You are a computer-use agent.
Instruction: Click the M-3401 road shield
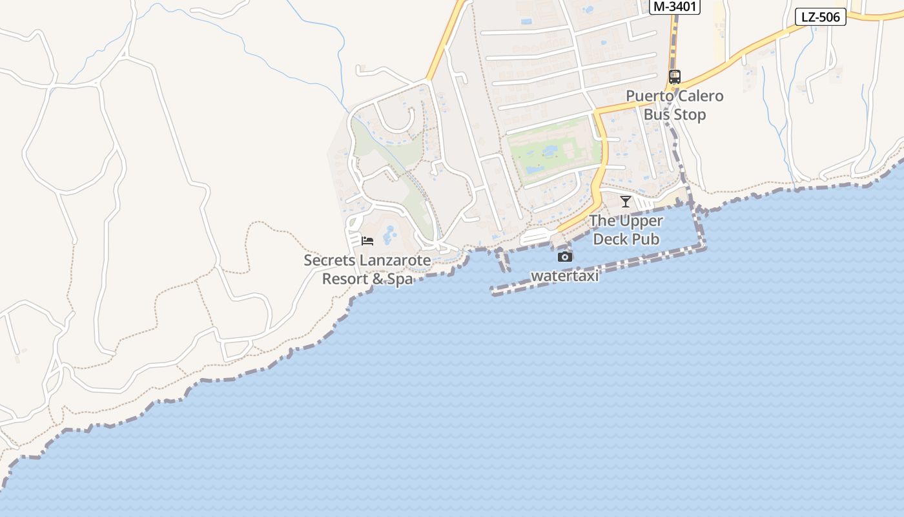(x=674, y=6)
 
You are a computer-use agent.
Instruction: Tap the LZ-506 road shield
(x=820, y=17)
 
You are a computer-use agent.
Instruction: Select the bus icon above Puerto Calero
(x=675, y=77)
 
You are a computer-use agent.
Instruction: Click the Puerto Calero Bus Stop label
(x=675, y=105)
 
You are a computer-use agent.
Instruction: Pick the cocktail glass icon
(x=625, y=201)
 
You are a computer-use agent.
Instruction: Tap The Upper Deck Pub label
(x=626, y=230)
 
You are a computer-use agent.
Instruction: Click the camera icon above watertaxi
(x=565, y=257)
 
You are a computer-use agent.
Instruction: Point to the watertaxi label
(x=565, y=276)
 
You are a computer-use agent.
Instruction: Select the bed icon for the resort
(x=367, y=241)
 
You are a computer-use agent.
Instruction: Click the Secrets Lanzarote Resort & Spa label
(x=367, y=269)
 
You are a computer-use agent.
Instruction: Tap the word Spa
(x=400, y=279)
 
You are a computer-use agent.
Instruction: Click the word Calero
(x=699, y=96)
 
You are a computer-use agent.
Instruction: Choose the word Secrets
(x=326, y=260)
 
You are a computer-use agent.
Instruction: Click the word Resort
(x=344, y=279)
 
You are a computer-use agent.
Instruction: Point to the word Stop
(x=689, y=115)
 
